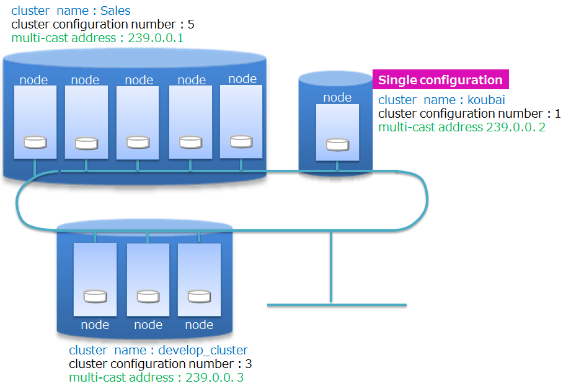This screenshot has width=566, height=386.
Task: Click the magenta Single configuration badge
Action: (440, 80)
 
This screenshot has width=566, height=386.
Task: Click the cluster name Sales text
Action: (71, 11)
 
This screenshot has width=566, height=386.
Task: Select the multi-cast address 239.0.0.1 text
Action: (97, 38)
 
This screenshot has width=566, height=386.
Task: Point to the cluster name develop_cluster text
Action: (158, 350)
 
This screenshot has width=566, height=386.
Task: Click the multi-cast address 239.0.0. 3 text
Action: (156, 377)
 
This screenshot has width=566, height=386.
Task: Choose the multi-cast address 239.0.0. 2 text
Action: (462, 128)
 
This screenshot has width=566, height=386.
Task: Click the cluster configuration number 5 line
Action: (103, 24)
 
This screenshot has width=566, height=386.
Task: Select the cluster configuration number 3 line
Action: (160, 364)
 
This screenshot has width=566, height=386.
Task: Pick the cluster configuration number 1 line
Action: (469, 114)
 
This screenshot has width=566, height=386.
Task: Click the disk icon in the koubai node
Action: (337, 145)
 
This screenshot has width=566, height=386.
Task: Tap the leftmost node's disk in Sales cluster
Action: (35, 142)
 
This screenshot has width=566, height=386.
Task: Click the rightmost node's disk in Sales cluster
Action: (241, 141)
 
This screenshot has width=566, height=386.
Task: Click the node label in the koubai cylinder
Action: (337, 97)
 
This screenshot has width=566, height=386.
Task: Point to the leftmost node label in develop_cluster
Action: (95, 325)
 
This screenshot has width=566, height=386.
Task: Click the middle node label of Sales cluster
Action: (139, 80)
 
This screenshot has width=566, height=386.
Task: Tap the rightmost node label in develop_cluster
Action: (199, 325)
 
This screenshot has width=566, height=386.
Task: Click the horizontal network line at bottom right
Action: (337, 304)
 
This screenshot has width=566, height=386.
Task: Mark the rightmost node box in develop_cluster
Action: (199, 279)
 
